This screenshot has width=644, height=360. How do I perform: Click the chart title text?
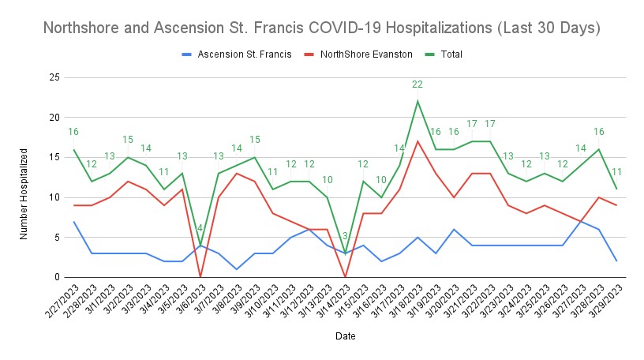click(x=322, y=28)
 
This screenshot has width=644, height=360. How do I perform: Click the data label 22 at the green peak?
click(x=417, y=84)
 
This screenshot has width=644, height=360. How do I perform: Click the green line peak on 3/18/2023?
click(x=417, y=101)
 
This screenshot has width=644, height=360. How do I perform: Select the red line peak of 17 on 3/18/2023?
click(x=417, y=141)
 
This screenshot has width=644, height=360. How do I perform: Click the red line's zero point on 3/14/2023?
click(x=346, y=277)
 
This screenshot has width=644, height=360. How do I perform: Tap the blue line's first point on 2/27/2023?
click(x=73, y=221)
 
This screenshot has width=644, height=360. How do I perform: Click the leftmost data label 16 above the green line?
click(x=73, y=133)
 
